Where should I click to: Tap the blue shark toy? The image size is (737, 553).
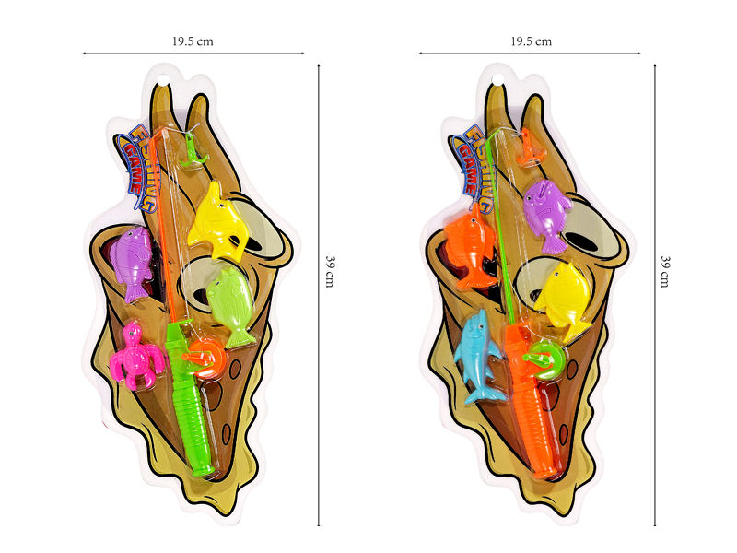click(478, 357)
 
